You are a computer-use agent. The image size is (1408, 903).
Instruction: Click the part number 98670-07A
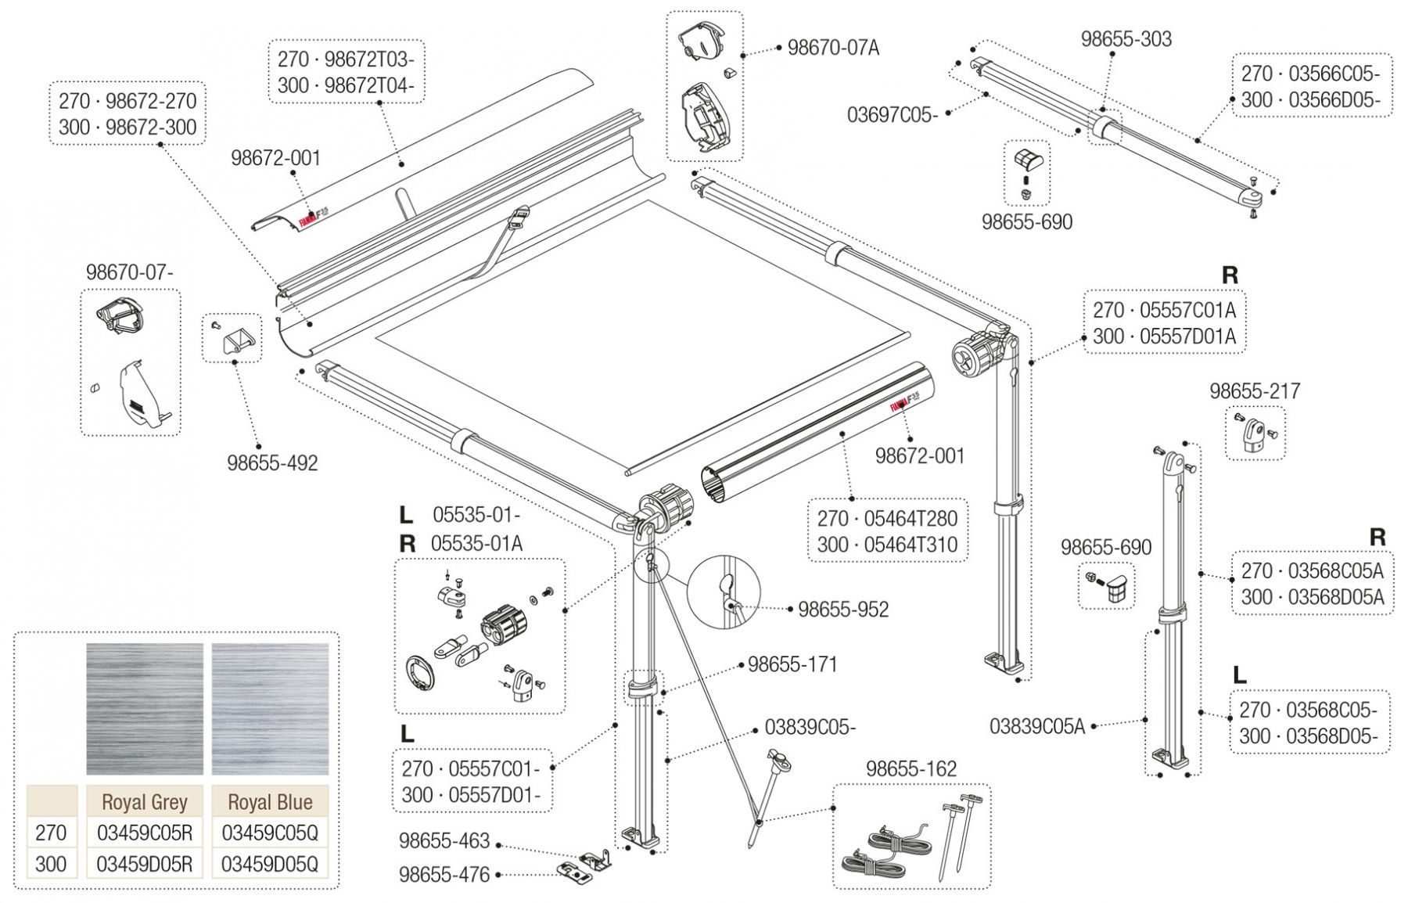point(833,48)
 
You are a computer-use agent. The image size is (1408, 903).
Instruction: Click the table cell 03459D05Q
point(270,864)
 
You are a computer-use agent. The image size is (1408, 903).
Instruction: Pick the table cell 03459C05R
point(145,833)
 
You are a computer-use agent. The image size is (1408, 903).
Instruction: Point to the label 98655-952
point(843,610)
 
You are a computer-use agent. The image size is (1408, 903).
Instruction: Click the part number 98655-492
point(272,463)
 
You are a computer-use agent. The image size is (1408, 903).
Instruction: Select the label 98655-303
point(1126,39)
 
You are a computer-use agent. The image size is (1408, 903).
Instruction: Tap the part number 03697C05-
point(892,115)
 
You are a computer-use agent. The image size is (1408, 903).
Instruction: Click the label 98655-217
point(1255,390)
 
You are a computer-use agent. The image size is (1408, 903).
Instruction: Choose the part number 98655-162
point(911,769)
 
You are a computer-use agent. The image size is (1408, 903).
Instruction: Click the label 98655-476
point(444,875)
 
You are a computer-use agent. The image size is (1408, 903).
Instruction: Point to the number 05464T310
point(911,545)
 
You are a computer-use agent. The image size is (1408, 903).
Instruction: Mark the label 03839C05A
point(1037,727)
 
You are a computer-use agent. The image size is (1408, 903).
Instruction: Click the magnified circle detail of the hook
point(724,592)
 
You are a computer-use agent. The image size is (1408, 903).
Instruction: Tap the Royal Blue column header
point(270,802)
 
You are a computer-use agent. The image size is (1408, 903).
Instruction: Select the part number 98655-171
point(792,664)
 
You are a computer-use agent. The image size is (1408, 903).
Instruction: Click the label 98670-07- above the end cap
point(130,272)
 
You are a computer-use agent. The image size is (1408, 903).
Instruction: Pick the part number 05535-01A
point(477,543)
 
